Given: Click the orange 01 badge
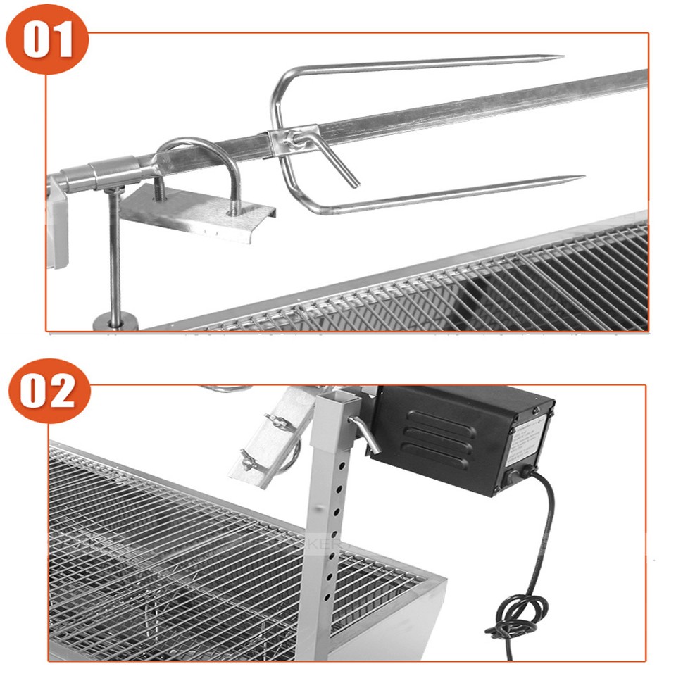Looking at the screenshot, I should tap(47, 39).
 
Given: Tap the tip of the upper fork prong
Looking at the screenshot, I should tap(561, 57).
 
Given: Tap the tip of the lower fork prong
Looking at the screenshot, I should tap(582, 177).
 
